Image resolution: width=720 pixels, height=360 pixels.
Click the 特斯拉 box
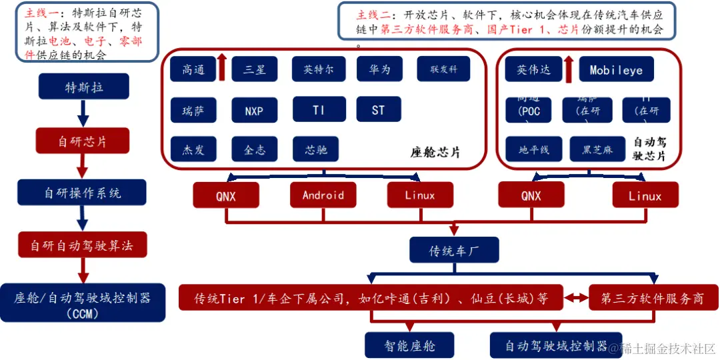[83, 87]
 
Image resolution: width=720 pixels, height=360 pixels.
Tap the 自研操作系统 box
[83, 193]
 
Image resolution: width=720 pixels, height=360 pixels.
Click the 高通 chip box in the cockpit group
[192, 69]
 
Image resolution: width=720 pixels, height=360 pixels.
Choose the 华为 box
[379, 69]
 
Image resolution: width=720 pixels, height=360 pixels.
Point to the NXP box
[254, 111]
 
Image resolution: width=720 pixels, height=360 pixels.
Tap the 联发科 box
[444, 69]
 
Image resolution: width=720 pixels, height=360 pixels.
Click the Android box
[323, 195]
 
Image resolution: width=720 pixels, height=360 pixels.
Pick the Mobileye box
[616, 69]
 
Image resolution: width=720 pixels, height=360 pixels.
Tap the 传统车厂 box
[455, 251]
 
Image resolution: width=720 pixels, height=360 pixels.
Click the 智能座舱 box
[409, 346]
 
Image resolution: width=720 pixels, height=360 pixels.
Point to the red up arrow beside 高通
[222, 68]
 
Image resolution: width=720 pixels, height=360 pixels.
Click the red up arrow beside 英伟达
[568, 69]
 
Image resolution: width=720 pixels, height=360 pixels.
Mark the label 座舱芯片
[435, 153]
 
